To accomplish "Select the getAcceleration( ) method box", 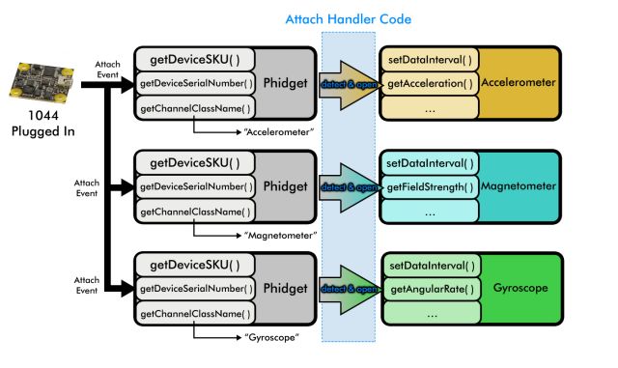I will pos(430,83).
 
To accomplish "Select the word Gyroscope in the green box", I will pos(527,288).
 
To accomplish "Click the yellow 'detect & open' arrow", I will pos(348,84).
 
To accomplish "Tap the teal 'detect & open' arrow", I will pos(348,186).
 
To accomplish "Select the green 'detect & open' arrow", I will pos(348,289).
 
